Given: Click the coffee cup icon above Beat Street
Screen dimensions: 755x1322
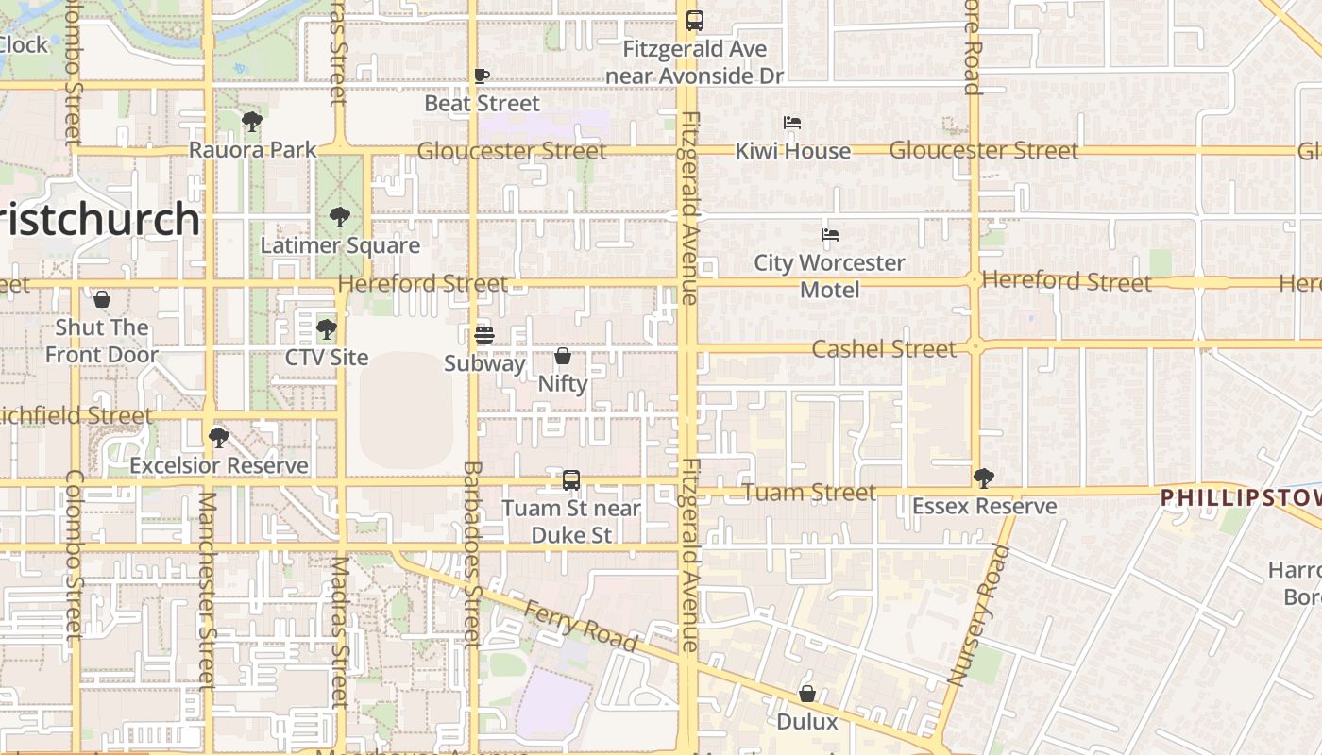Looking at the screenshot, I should [x=482, y=75].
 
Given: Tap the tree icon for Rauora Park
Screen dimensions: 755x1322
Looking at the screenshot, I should [x=251, y=122].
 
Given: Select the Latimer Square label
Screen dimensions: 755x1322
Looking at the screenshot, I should [x=340, y=245].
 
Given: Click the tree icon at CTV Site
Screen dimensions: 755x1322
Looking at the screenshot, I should [x=327, y=329].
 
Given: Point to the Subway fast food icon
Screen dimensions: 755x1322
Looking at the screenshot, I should [x=484, y=335].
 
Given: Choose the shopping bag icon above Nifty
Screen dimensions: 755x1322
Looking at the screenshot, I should [x=563, y=356].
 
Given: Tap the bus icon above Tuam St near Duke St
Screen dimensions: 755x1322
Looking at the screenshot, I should [x=571, y=480].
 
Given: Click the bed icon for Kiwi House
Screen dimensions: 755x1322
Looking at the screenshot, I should [x=792, y=123].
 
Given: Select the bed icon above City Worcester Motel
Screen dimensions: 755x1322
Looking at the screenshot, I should [x=830, y=235].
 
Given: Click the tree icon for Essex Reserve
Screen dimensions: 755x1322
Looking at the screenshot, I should [x=984, y=478].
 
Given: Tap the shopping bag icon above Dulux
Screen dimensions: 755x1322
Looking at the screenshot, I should [x=807, y=694].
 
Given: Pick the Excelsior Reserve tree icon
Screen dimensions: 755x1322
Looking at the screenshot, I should [x=219, y=438].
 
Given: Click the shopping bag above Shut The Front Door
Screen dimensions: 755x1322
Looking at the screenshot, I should [x=102, y=300].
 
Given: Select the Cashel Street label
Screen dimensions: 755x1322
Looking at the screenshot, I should [x=884, y=349].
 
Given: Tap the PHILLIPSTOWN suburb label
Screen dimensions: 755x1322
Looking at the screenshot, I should [x=1241, y=497].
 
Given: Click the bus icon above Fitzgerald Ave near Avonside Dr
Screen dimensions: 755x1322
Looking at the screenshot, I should [x=695, y=20].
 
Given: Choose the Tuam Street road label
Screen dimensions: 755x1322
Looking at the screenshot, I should [x=809, y=492].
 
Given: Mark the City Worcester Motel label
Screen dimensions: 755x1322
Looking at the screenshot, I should [x=830, y=276].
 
